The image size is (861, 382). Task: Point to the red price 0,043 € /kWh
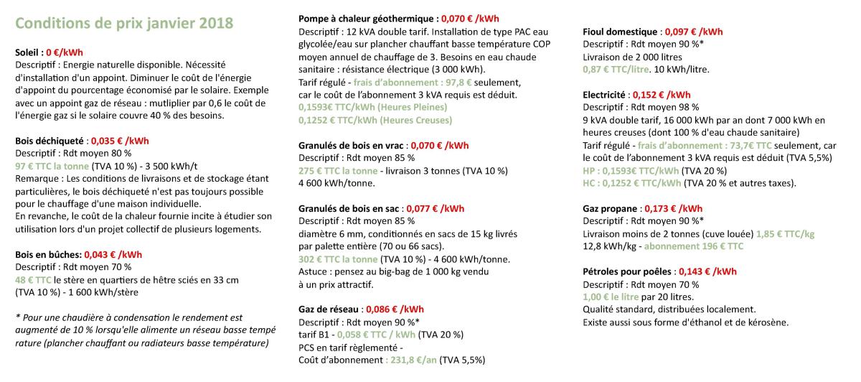[x=113, y=254]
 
